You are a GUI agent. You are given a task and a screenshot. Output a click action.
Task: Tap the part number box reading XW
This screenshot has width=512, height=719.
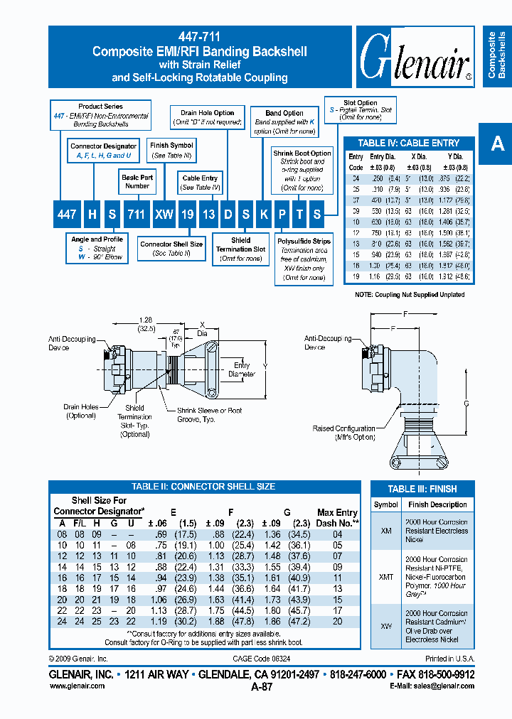coord(164,214)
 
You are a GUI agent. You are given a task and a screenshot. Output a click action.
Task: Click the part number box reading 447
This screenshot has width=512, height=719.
coord(67,214)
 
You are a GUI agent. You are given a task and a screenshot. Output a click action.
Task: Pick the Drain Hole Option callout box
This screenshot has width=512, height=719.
coord(207,117)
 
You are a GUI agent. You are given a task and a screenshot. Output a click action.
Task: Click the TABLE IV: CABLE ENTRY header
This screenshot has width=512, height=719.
coord(408,143)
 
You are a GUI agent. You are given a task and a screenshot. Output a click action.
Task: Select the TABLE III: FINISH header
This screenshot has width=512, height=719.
coord(422,489)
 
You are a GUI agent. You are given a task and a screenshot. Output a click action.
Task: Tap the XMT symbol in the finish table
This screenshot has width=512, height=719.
coord(386,578)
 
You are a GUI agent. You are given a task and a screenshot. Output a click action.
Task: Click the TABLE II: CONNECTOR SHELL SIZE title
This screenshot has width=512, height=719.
coord(203,487)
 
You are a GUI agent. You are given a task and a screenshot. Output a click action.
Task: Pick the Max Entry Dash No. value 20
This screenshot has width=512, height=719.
coord(337,621)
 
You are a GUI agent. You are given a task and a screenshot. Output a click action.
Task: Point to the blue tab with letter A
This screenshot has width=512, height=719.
coord(497,144)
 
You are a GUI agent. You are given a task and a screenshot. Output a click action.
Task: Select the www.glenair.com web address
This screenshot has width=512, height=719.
coord(77,686)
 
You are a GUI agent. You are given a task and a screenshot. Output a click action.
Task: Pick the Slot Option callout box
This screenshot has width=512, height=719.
coord(360,107)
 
